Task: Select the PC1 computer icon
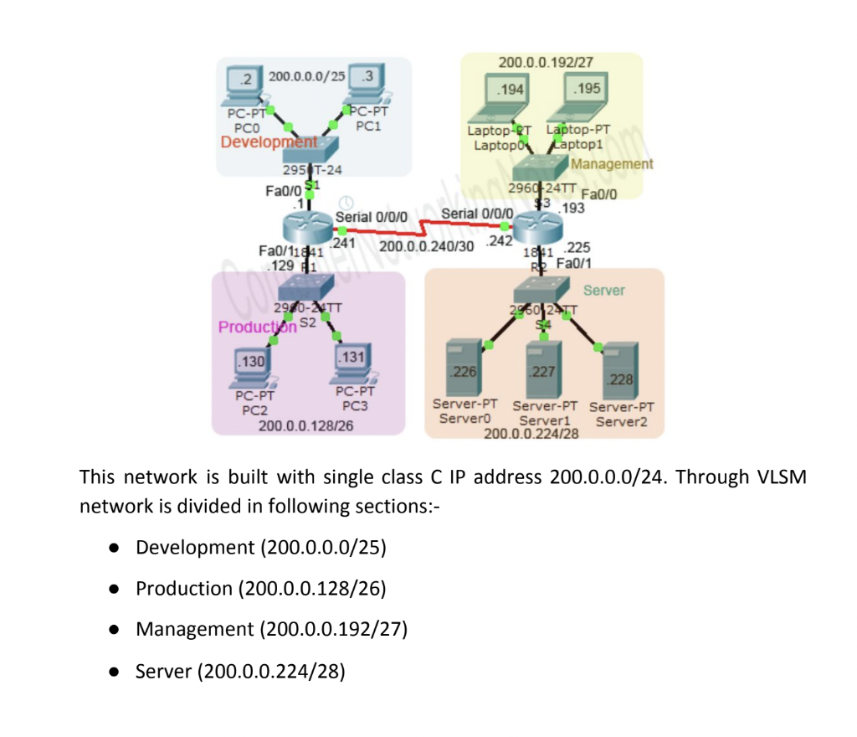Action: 366,83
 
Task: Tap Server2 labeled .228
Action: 619,375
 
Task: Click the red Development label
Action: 269,142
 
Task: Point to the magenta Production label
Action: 258,327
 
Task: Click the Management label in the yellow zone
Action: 612,164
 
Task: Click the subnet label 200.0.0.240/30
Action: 426,246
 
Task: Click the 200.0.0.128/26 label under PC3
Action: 305,426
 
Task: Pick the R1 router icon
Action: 307,226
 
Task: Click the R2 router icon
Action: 537,226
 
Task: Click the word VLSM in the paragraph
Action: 777,477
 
